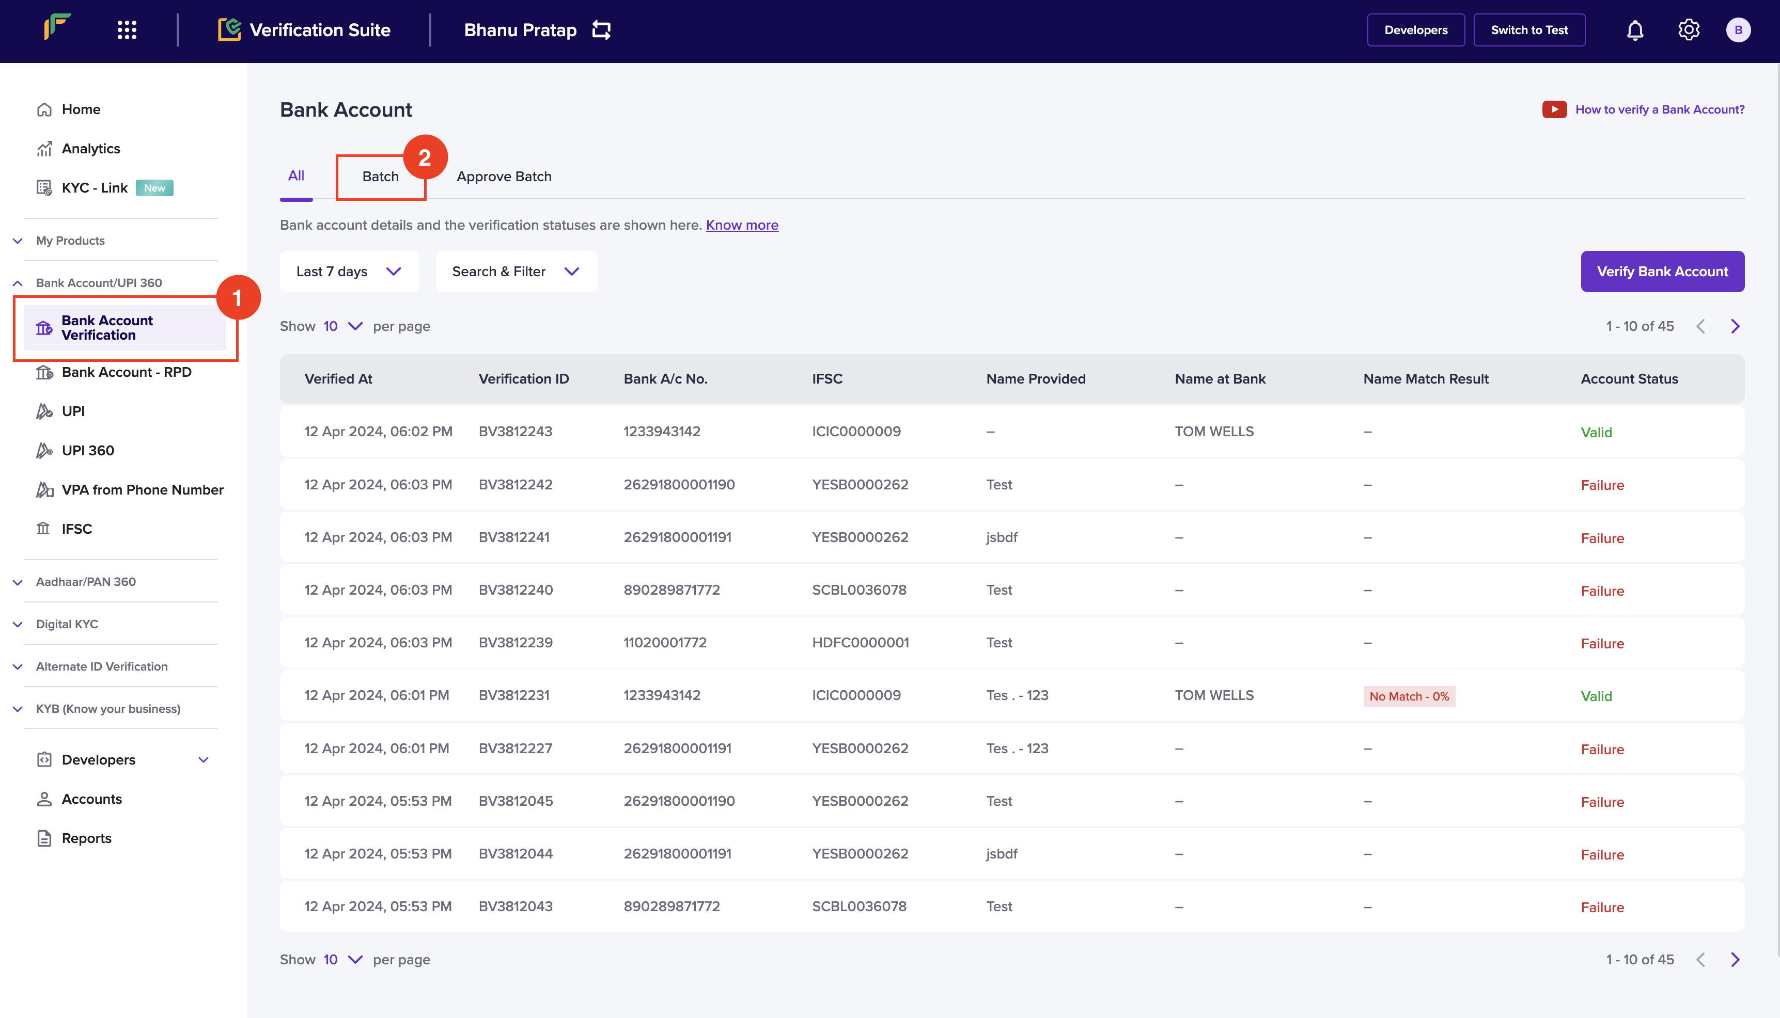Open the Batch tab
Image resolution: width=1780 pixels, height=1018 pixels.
pos(381,176)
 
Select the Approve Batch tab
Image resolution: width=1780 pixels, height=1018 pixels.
pos(504,176)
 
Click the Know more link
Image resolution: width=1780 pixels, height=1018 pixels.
pos(742,225)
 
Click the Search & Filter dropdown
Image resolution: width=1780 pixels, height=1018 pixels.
pos(516,272)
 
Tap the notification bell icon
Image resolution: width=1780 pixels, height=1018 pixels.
pos(1634,30)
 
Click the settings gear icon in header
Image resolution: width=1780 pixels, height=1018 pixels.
pos(1689,30)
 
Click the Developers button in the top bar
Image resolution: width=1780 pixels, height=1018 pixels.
pos(1416,30)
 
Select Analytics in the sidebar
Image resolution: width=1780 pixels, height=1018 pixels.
pos(91,148)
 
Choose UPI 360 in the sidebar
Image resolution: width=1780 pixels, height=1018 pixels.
pos(87,450)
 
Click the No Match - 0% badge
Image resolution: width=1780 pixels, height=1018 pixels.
pos(1409,696)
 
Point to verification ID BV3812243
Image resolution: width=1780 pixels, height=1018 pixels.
pos(516,432)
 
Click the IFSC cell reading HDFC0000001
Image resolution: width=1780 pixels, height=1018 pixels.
pos(860,643)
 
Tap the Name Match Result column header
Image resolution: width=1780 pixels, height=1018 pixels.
pos(1426,379)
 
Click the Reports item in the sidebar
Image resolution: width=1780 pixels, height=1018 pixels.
pos(86,838)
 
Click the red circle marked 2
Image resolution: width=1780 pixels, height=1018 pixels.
pos(425,157)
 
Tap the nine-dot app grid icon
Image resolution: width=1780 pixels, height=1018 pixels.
pos(127,30)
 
